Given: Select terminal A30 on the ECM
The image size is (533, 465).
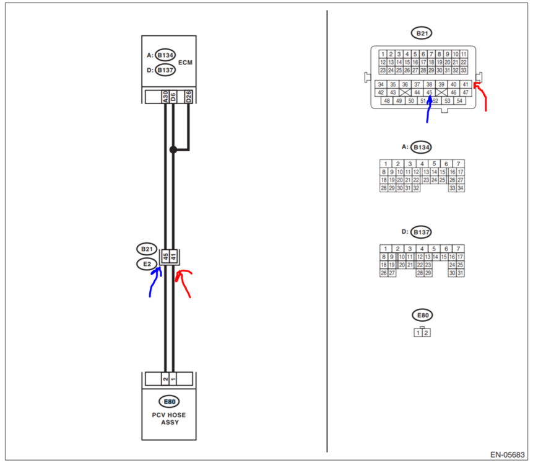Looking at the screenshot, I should coord(165,96).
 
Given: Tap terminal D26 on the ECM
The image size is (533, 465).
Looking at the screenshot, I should coord(189,96).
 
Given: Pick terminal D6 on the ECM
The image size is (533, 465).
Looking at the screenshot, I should coord(174,96).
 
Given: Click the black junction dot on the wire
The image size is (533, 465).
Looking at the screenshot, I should coord(174,149).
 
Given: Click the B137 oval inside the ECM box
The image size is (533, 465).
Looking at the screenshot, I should coord(165,70).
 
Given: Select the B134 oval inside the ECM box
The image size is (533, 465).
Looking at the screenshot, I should coord(165,55).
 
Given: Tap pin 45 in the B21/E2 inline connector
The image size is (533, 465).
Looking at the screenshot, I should coord(165,256).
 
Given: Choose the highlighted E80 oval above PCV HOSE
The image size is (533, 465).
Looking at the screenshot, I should coord(169,401).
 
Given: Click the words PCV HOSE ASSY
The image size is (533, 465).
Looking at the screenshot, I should coord(169,418).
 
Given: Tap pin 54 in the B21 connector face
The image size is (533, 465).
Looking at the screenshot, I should coord(459,100).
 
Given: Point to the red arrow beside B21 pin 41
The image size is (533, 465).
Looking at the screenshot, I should coord(482,96).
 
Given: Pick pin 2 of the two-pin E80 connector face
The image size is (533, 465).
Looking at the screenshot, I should coord(426,333).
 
